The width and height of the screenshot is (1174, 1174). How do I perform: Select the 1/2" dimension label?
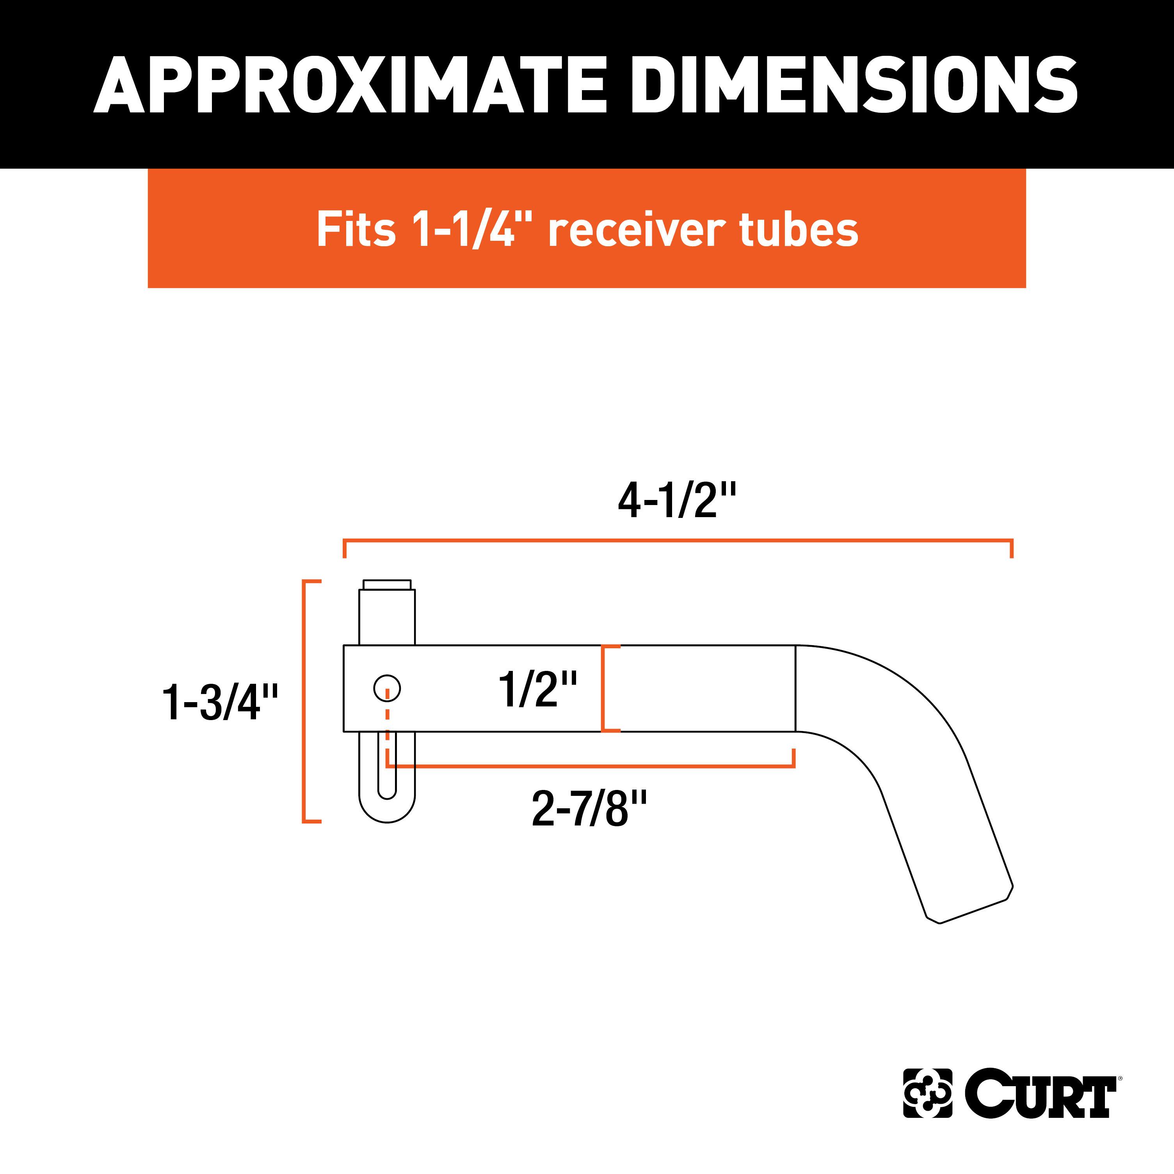coord(537,689)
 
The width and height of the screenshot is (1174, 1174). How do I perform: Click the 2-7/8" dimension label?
coord(589,809)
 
